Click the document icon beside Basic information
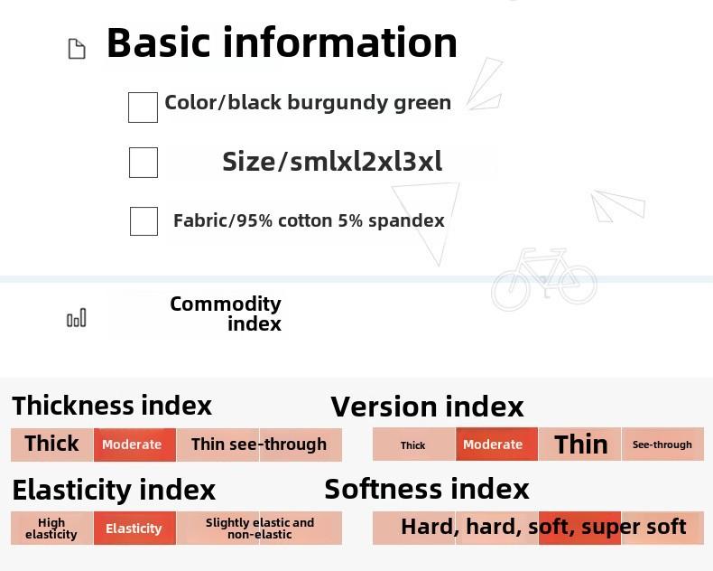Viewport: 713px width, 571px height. point(77,49)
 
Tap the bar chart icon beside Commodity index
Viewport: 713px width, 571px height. point(77,318)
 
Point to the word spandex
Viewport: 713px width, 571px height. point(406,221)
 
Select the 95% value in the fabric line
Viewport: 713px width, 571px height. point(255,220)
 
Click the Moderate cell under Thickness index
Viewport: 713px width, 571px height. point(134,445)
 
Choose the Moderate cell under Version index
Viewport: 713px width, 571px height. point(496,444)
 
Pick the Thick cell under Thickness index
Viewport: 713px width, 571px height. point(51,445)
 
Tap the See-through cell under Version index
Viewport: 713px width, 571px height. point(662,444)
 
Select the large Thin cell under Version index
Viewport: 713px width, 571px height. point(579,444)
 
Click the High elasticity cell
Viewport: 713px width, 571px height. point(51,529)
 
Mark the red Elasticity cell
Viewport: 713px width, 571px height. point(134,529)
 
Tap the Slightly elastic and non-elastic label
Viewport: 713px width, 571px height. point(260,529)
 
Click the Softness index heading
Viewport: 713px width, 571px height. point(427,489)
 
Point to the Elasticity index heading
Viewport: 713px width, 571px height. point(114,490)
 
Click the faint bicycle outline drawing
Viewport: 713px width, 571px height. point(544,278)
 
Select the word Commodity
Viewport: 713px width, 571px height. point(226,304)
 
